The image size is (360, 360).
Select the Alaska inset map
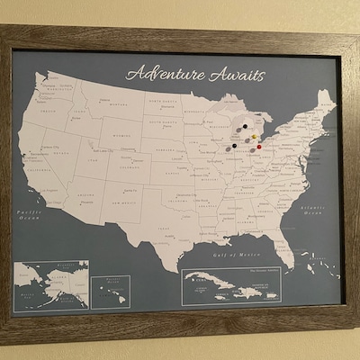pos(52,283)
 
